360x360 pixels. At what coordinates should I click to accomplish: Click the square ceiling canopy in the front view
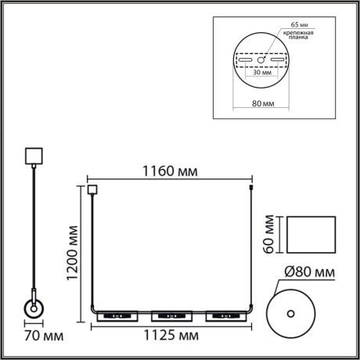[x=92, y=189]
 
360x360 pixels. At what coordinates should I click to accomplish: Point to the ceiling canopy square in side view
[x=33, y=155]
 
